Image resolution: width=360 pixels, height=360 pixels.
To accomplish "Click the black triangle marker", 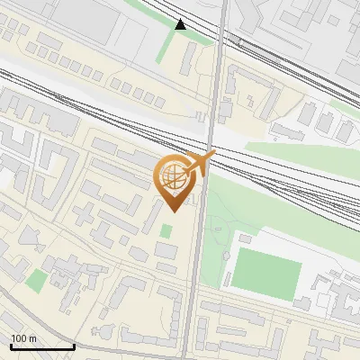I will tap(181, 24).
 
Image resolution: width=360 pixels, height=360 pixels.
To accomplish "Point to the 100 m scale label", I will tap(23, 338).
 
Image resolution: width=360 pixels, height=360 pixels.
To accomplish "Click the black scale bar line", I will tap(41, 346).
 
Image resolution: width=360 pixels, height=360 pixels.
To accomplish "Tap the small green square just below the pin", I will tap(166, 231).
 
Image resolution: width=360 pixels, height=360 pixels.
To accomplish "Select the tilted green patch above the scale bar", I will tap(36, 281).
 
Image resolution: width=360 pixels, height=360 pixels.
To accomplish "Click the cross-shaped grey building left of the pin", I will tap(85, 214).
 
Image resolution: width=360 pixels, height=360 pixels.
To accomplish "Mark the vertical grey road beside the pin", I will tap(194, 270).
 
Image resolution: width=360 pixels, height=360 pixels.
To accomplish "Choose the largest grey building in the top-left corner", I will tap(54, 18).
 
